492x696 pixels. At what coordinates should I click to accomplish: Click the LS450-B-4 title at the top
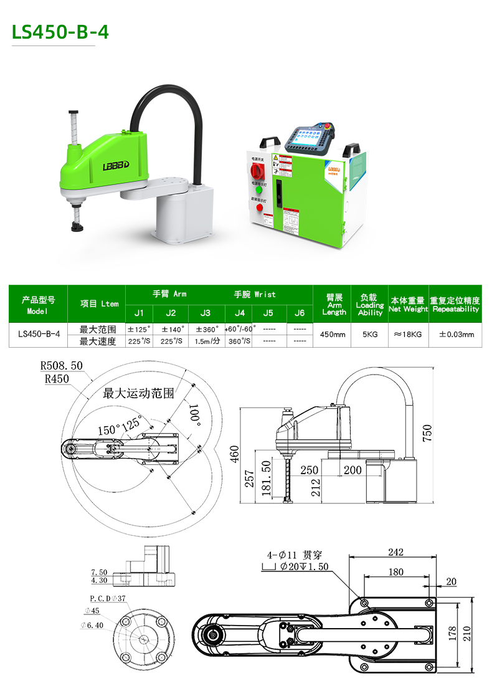coord(60,32)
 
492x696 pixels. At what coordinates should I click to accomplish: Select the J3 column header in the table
coord(205,313)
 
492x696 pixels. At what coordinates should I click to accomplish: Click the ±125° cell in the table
coord(139,329)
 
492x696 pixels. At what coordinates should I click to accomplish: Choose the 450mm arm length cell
coord(333,335)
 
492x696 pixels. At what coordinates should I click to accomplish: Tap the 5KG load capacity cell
coord(370,335)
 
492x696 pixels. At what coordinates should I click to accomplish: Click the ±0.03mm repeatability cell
coord(456,335)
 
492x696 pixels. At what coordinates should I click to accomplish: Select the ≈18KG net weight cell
coord(408,335)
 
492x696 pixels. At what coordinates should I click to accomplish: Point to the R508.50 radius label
coord(61,366)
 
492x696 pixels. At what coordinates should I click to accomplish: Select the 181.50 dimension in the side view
coord(267,479)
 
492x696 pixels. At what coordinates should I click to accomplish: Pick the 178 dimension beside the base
coord(453,634)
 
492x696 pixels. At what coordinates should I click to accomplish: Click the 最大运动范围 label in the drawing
coord(138,393)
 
